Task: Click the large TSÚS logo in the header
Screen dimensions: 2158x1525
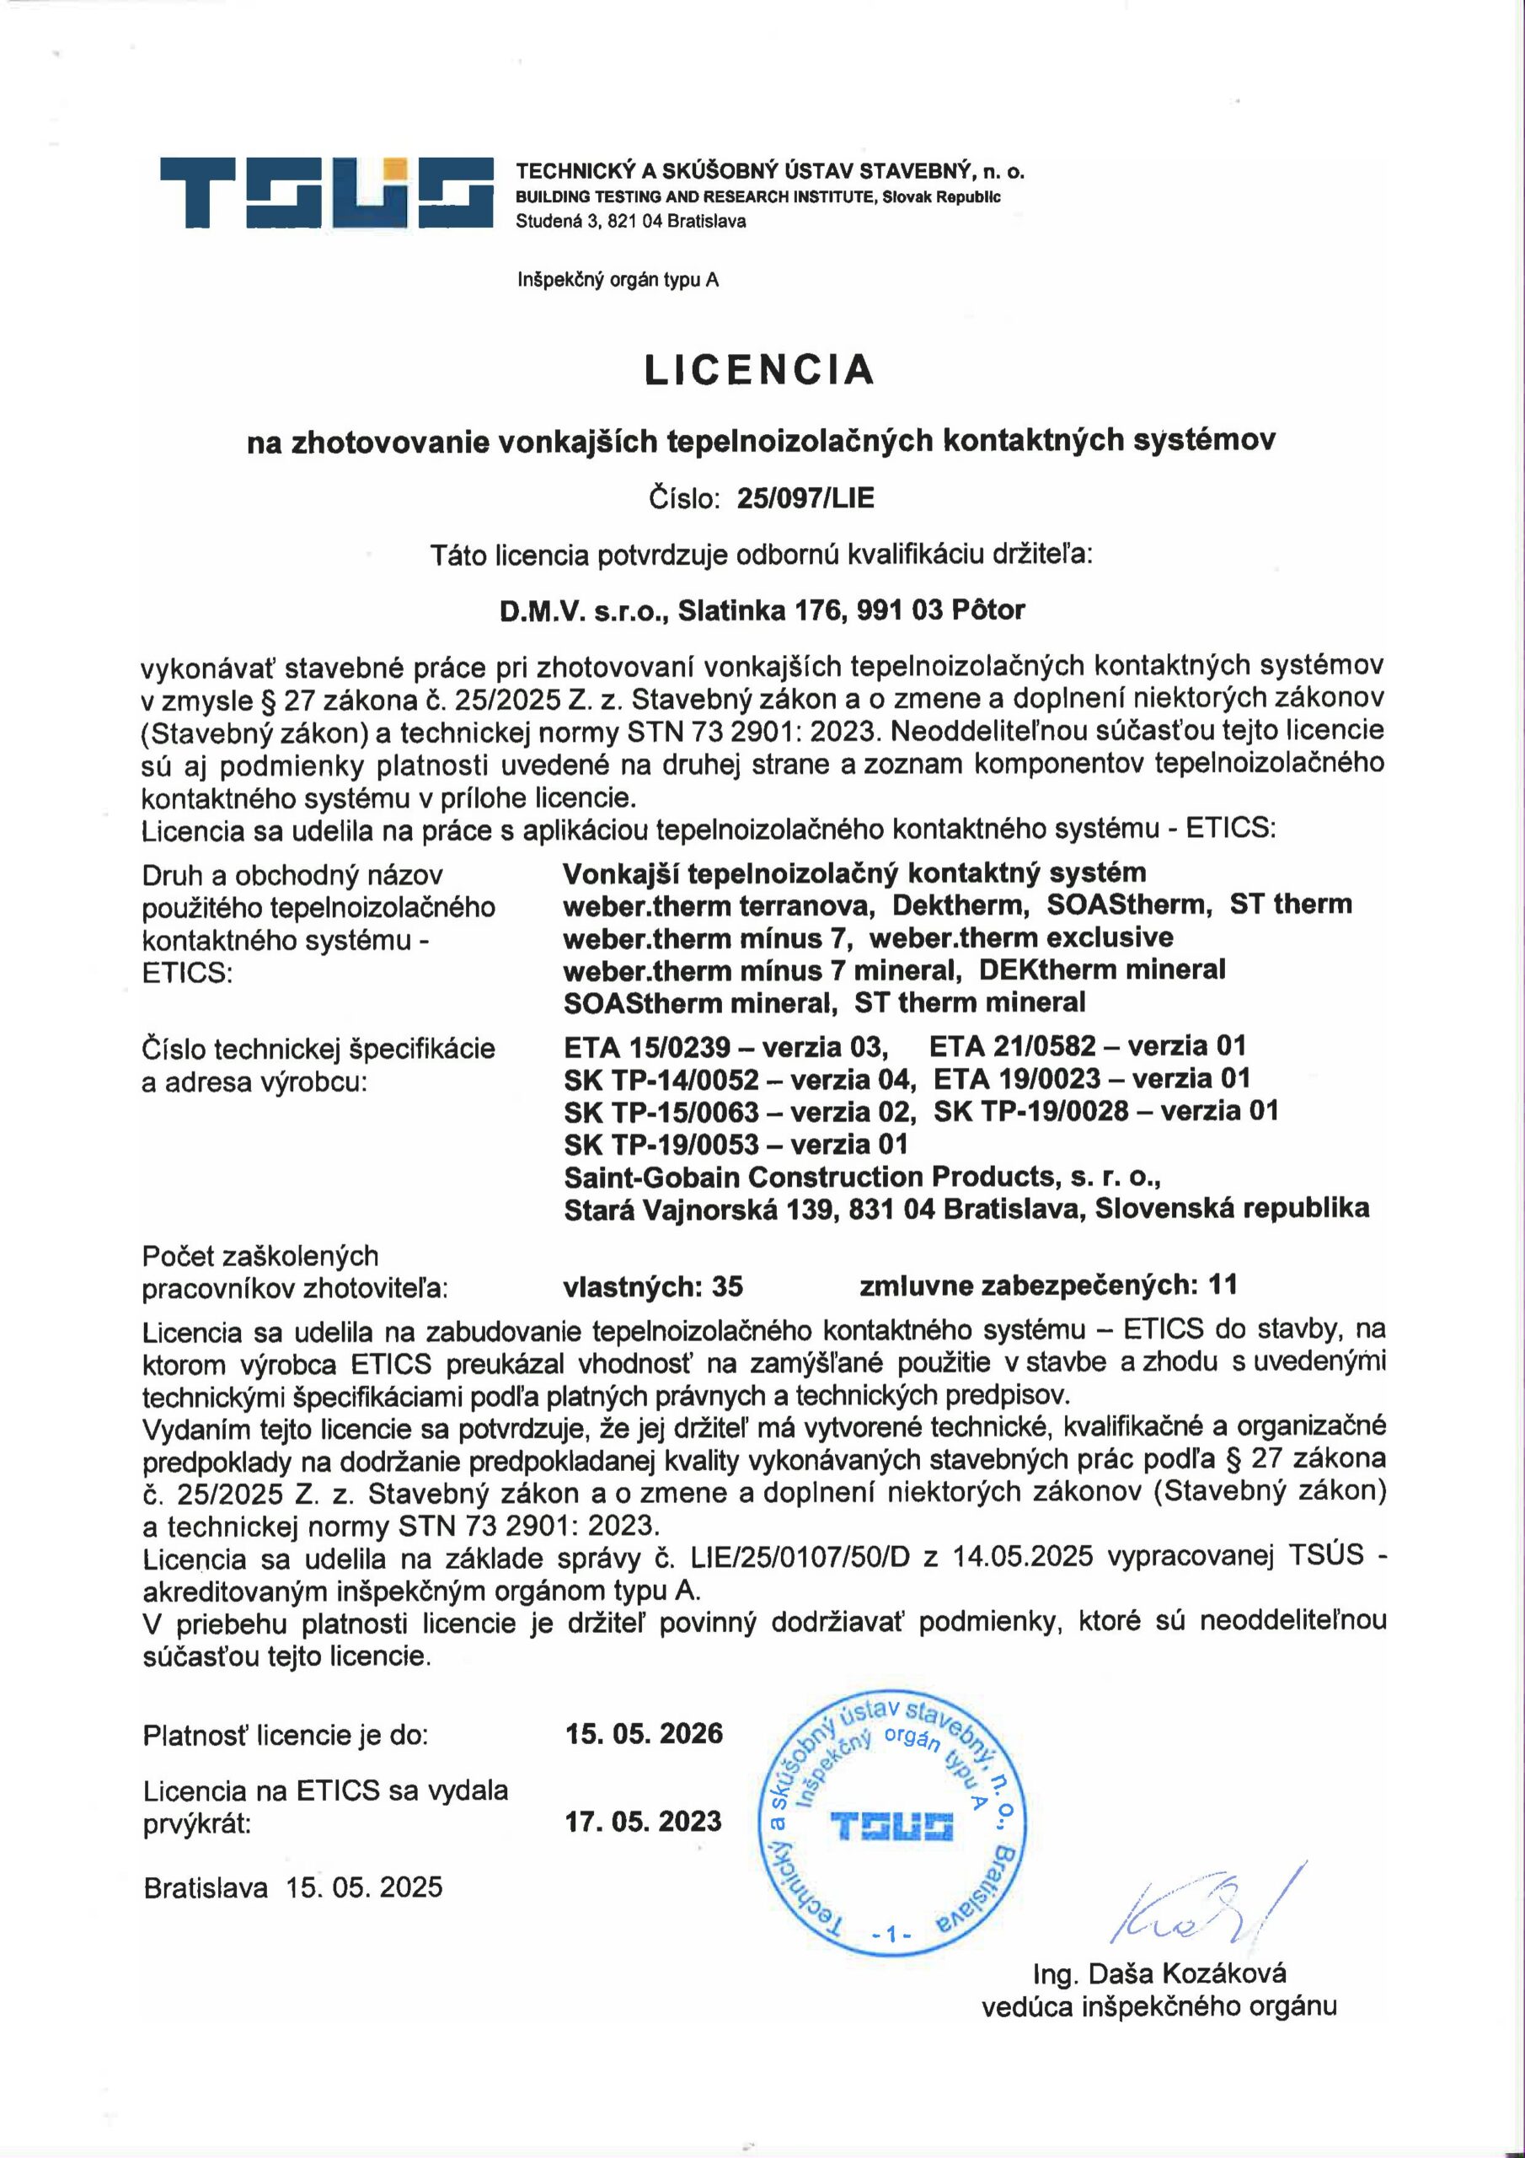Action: tap(326, 193)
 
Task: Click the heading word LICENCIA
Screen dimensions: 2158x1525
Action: tap(759, 369)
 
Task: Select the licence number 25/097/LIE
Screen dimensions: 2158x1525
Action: tap(805, 498)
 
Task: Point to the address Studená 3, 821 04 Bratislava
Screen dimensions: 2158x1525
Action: tap(630, 222)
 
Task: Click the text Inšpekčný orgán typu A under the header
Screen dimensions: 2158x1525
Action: tap(618, 279)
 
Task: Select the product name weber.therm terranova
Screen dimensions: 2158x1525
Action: tap(719, 905)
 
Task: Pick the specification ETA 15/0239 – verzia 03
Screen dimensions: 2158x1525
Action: tap(725, 1046)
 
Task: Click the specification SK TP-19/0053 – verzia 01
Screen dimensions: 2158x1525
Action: tap(736, 1144)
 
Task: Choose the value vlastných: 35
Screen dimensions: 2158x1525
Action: tap(653, 1286)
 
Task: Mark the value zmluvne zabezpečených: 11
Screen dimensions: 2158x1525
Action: tap(1047, 1285)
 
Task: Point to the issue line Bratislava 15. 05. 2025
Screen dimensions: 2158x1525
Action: tap(292, 1887)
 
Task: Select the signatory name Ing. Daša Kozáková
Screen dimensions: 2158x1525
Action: tap(1159, 1973)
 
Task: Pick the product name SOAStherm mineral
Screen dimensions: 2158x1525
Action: tap(700, 1003)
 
